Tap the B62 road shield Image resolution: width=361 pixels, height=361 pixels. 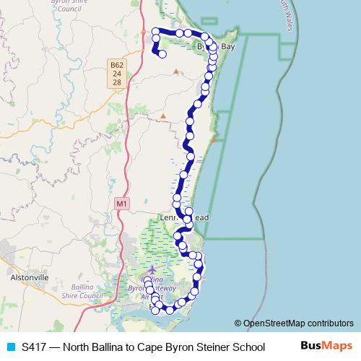[x=117, y=65]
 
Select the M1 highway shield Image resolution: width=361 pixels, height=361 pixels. [x=121, y=204]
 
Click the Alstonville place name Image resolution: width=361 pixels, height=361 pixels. [x=28, y=277]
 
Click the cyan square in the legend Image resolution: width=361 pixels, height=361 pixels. [x=10, y=347]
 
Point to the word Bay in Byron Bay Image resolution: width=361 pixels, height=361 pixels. [x=227, y=47]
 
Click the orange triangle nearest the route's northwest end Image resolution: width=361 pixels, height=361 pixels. [x=175, y=71]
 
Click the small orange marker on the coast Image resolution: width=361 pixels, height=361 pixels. [x=213, y=139]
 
